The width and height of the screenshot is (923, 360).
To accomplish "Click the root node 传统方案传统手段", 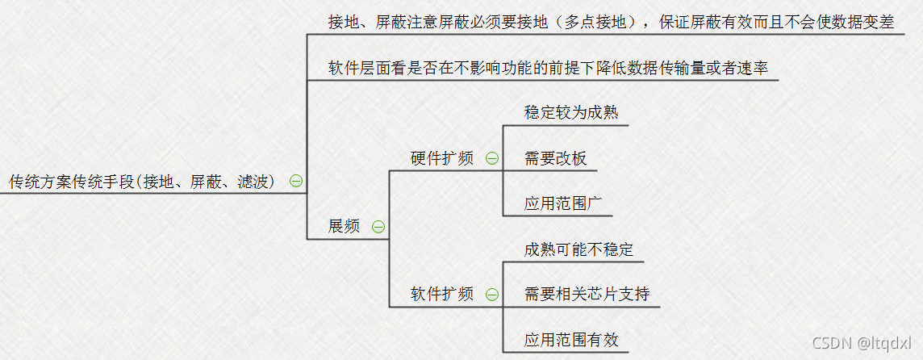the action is pyautogui.click(x=142, y=182).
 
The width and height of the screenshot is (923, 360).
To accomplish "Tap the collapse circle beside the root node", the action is pyautogui.click(x=296, y=181).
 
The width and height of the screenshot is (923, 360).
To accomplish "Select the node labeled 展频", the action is pyautogui.click(x=344, y=227).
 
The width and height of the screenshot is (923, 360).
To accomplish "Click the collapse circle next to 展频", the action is pyautogui.click(x=378, y=227).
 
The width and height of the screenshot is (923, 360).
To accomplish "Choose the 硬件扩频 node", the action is pyautogui.click(x=442, y=159).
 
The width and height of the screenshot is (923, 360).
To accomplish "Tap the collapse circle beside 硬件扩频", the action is pyautogui.click(x=491, y=158).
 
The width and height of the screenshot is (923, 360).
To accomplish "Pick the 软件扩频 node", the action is pyautogui.click(x=442, y=294).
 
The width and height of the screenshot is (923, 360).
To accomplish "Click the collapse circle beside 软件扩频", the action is pyautogui.click(x=491, y=294).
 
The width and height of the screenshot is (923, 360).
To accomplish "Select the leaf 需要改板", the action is pyautogui.click(x=555, y=158).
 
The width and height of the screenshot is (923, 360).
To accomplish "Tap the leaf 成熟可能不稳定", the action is pyautogui.click(x=578, y=249).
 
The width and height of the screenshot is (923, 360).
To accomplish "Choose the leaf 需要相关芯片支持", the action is pyautogui.click(x=587, y=294).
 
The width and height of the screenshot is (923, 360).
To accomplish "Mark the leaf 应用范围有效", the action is pyautogui.click(x=571, y=339).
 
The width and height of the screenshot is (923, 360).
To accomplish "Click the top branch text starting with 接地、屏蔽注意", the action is pyautogui.click(x=611, y=23).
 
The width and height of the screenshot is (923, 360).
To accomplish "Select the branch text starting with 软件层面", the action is pyautogui.click(x=548, y=68).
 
